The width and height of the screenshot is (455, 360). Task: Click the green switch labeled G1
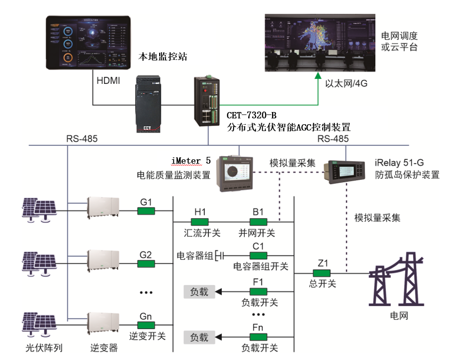click(146, 211)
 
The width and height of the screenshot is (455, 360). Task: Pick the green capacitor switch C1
click(258, 255)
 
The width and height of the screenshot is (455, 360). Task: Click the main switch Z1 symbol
click(322, 273)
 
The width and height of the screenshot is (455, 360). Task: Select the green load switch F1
click(258, 291)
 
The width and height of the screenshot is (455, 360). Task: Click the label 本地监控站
click(163, 57)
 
